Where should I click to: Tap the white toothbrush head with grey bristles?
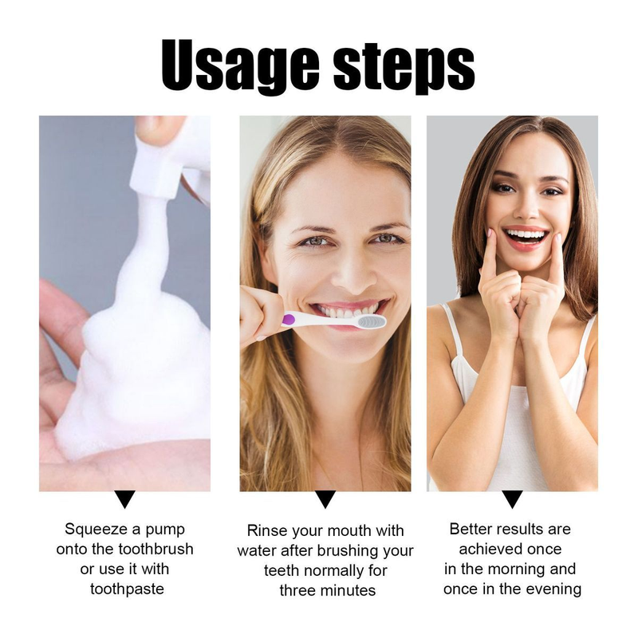368,321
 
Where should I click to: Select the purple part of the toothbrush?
289,320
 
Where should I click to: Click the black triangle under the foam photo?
125,500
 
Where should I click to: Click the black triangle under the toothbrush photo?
325,500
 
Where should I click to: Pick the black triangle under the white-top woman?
512,500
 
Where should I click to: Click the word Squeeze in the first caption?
93,529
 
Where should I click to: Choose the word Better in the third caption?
473,529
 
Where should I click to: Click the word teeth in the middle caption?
282,571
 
